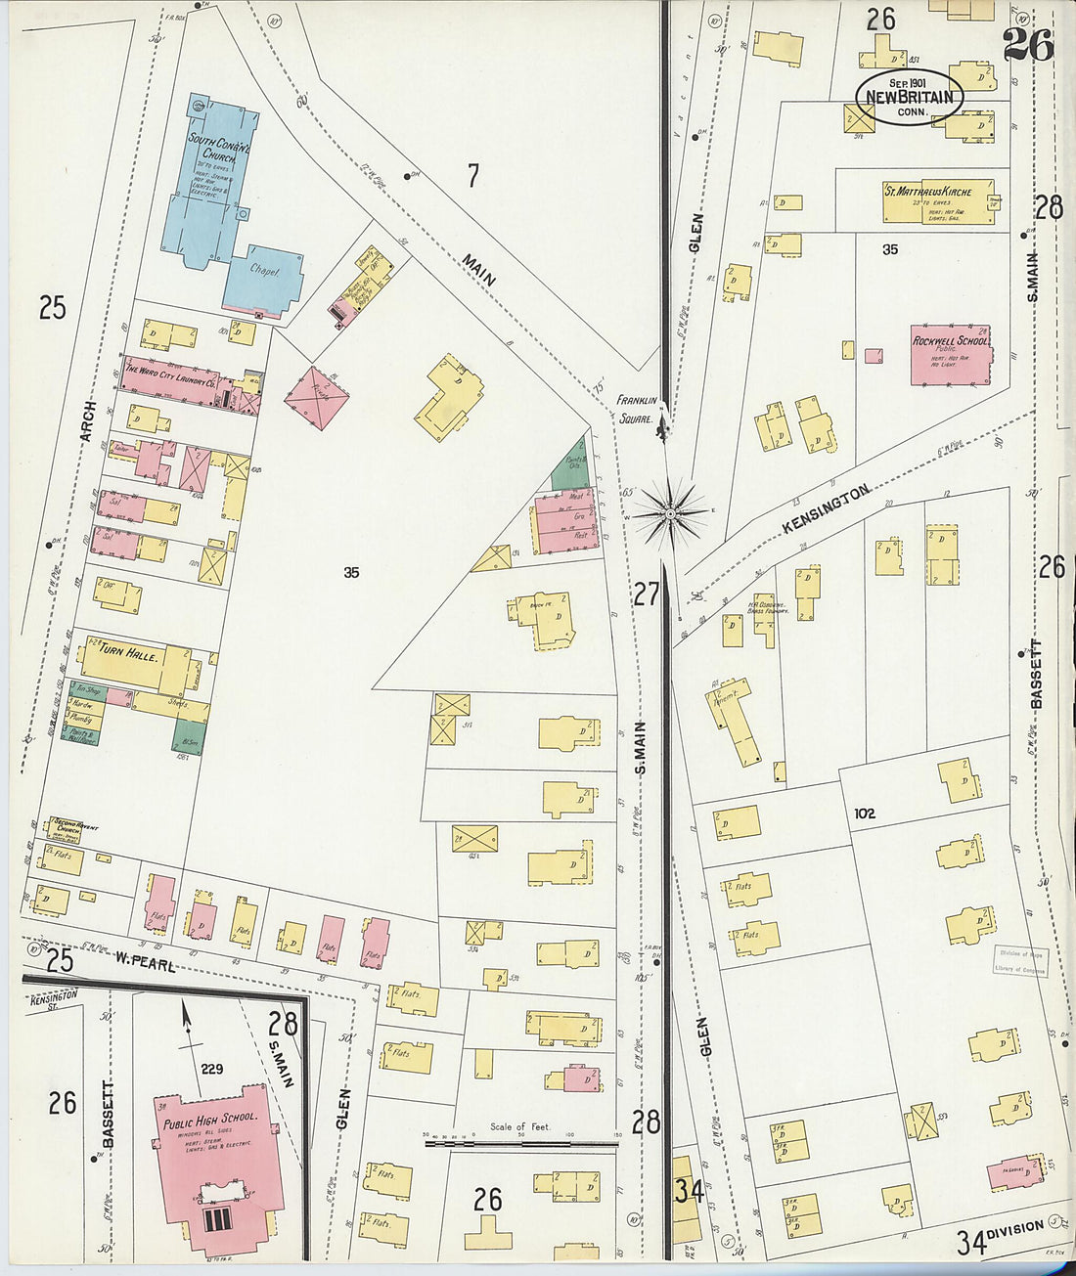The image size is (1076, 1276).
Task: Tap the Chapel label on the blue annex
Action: coord(264,272)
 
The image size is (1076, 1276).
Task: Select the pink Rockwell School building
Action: coord(950,353)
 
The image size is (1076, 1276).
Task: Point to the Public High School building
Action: coord(215,1164)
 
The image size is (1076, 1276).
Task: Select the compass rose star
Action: coord(671,512)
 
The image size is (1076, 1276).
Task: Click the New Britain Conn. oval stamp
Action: coord(910,97)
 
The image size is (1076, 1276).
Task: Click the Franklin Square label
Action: coord(636,409)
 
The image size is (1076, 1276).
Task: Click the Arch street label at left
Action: coord(90,420)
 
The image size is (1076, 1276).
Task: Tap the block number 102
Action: coord(864,814)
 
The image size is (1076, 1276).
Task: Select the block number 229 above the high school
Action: coord(212,1069)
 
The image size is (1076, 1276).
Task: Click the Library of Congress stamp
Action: coord(1020,960)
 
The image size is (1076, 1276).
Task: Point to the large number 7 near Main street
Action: coord(473,176)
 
